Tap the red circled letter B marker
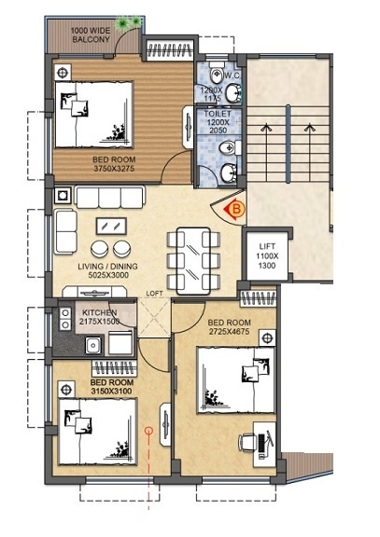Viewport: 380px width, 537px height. pos(235,210)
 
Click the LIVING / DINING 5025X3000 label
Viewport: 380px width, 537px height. pos(107,271)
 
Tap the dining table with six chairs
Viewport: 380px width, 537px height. pos(193,250)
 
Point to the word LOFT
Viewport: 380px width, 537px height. pos(154,294)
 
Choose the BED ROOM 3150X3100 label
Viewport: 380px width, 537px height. pos(111,387)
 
